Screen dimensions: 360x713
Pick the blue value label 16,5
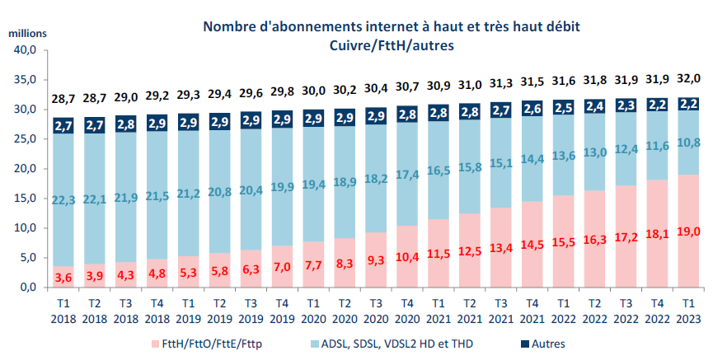coord(439,171)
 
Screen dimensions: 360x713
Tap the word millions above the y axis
coord(29,33)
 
